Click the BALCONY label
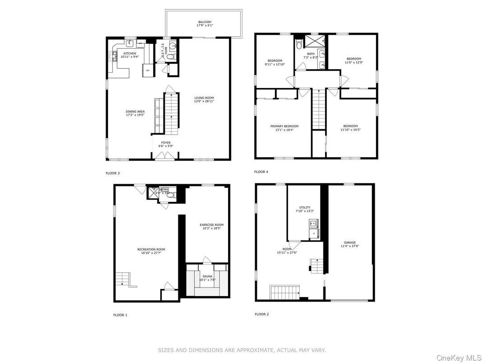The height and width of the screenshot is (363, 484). pyautogui.click(x=204, y=22)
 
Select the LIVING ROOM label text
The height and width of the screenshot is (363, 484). pyautogui.click(x=204, y=98)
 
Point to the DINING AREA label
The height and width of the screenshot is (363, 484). pyautogui.click(x=135, y=112)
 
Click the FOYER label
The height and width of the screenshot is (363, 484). pyautogui.click(x=166, y=143)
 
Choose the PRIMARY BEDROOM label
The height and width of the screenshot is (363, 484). pyautogui.click(x=284, y=126)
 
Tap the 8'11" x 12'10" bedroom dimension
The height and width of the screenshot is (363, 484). pyautogui.click(x=275, y=65)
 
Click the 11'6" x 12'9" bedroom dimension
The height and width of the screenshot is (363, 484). pyautogui.click(x=354, y=62)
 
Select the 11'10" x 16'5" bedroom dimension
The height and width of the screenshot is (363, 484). pyautogui.click(x=350, y=130)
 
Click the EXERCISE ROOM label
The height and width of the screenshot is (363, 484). pyautogui.click(x=212, y=225)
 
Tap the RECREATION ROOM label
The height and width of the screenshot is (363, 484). pyautogui.click(x=151, y=249)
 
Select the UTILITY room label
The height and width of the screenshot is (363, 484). pyautogui.click(x=305, y=208)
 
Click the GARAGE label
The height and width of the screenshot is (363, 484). pyautogui.click(x=350, y=243)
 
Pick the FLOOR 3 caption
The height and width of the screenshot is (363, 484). pyautogui.click(x=112, y=173)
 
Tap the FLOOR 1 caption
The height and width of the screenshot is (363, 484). pyautogui.click(x=120, y=315)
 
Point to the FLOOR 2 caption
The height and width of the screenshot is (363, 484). pyautogui.click(x=261, y=314)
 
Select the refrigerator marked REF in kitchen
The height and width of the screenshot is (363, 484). pyautogui.click(x=147, y=70)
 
